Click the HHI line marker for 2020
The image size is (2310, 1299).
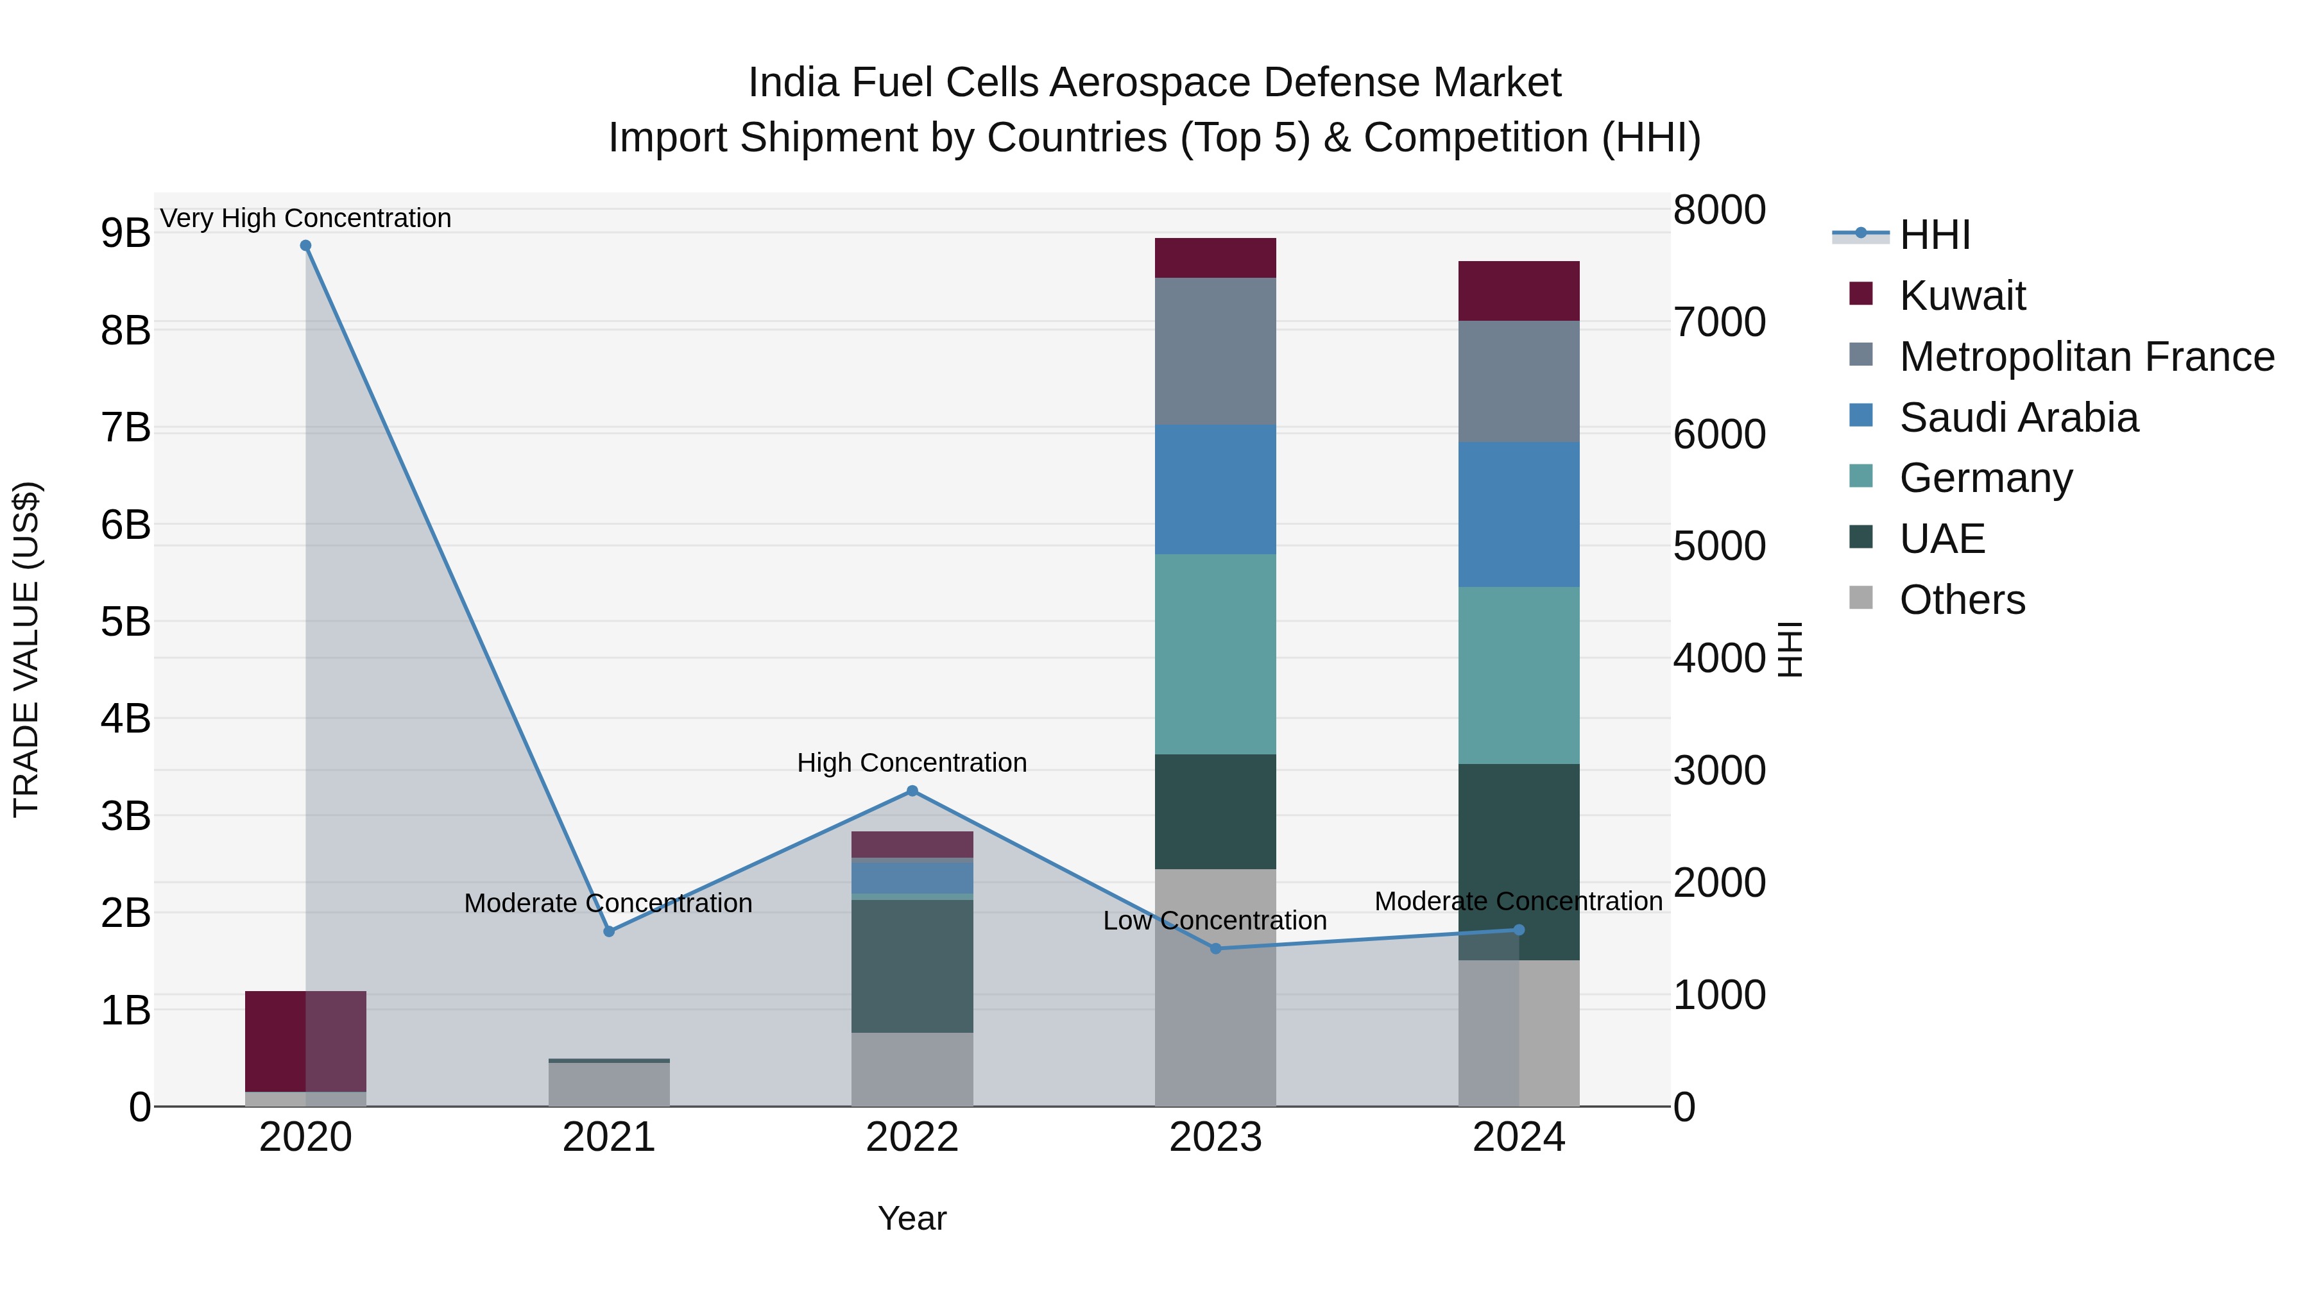click(306, 246)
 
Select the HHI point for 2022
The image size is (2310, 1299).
click(912, 791)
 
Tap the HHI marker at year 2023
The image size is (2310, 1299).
click(1216, 949)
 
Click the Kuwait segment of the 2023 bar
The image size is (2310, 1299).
click(1215, 258)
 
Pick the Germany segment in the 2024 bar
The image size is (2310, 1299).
click(1518, 675)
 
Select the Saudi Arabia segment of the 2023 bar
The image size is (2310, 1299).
click(1215, 489)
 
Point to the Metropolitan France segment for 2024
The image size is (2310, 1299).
click(1518, 381)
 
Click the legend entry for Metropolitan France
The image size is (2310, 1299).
click(2086, 357)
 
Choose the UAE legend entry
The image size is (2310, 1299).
click(1942, 539)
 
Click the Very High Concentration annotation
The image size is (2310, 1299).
click(306, 219)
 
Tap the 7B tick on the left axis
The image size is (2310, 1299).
click(126, 428)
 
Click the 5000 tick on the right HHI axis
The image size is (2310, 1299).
click(1719, 546)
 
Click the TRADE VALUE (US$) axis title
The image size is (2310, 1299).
click(27, 649)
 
